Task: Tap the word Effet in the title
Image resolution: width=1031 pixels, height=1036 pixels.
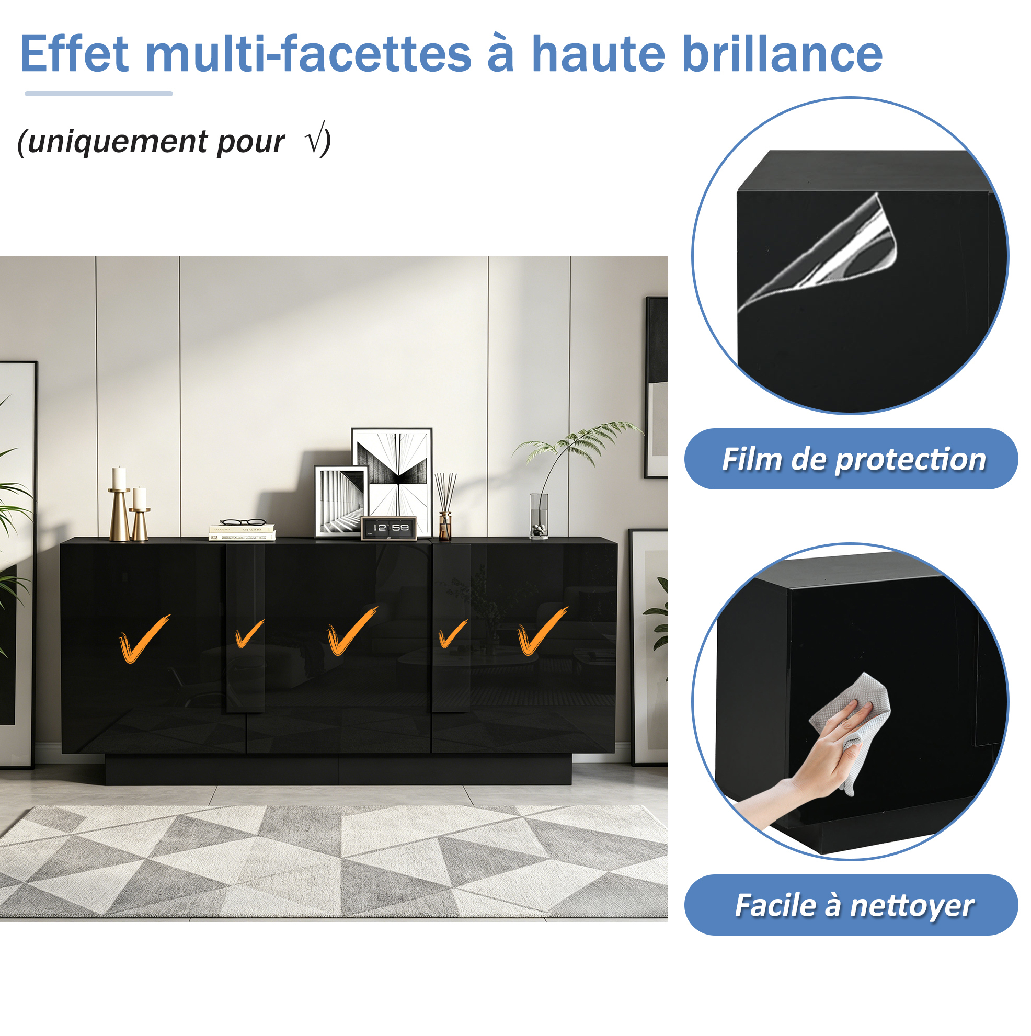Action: [75, 54]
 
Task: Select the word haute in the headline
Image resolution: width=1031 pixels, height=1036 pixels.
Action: [598, 55]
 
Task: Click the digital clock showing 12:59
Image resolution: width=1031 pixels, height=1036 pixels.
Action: [388, 528]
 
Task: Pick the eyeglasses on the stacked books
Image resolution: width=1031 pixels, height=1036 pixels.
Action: [243, 522]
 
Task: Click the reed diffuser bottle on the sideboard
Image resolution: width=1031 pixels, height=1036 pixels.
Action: [445, 507]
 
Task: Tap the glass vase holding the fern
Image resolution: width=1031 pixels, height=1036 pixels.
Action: [539, 516]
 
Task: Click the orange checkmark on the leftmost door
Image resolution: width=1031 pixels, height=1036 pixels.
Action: [144, 639]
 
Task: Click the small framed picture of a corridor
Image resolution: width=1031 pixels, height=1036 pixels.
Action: [340, 502]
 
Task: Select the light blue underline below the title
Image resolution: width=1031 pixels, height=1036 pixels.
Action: [99, 94]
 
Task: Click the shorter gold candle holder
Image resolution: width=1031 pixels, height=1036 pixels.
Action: [139, 514]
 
